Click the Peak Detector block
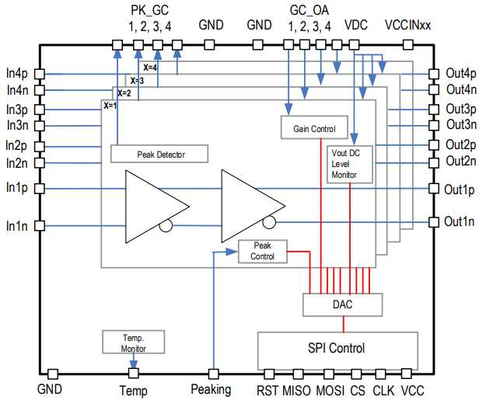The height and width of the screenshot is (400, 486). tap(159, 154)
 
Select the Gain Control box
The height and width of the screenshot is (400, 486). tap(314, 127)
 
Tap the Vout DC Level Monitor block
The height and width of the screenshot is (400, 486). tap(350, 165)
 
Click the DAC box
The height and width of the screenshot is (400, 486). tap(342, 305)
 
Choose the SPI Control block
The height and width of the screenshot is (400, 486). tap(337, 351)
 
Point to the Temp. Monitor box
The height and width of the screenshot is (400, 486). tap(133, 342)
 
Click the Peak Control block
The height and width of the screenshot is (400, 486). tap(263, 252)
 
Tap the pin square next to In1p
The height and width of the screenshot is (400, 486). tap(40, 189)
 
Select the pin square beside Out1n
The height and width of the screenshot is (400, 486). tap(434, 222)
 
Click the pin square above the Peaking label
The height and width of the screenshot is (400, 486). tap(213, 374)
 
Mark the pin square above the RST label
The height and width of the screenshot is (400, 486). tap(269, 374)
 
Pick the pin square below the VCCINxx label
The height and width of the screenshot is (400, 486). tap(408, 45)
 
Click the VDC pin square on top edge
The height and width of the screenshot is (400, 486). tap(354, 45)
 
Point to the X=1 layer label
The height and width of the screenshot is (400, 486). tap(110, 106)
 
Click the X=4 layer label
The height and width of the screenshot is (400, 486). tap(150, 68)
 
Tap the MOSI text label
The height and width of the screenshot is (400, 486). tap(330, 391)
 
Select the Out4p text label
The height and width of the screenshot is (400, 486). tap(461, 74)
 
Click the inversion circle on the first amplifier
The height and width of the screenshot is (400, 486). tap(166, 225)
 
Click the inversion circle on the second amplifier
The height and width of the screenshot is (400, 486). tap(269, 222)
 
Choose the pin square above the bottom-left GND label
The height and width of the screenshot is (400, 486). tap(53, 374)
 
